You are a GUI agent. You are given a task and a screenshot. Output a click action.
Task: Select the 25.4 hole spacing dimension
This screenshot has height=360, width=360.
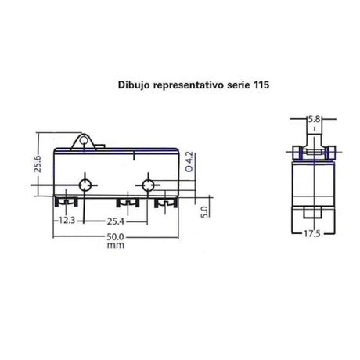115,221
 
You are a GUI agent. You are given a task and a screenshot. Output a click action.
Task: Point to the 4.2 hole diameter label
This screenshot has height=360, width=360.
189,163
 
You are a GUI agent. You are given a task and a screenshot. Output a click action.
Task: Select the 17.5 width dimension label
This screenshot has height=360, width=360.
313,232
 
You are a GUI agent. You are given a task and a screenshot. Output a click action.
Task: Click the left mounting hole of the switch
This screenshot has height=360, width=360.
86,185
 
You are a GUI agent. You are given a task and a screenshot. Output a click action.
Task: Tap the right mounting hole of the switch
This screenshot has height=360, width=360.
146,185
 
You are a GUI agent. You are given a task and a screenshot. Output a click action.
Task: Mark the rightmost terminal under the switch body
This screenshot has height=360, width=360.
164,205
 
